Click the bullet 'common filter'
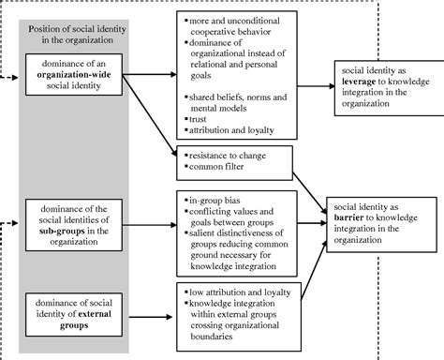point(215,168)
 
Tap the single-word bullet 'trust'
point(200,120)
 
